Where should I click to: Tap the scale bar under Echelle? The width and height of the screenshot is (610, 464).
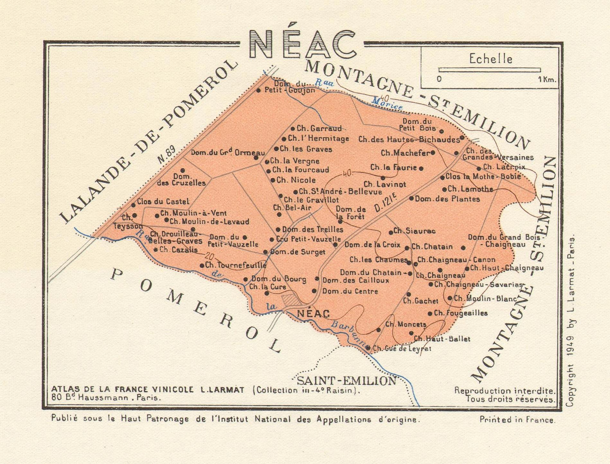tap(489, 70)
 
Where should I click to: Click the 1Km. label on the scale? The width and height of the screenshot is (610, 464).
tap(547, 79)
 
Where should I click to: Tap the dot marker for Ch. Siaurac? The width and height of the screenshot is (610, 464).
tap(391, 232)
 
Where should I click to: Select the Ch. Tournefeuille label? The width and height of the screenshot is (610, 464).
tap(236, 265)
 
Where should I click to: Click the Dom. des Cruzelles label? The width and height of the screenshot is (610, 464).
tap(181, 180)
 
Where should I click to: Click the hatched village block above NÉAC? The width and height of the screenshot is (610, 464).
tap(291, 300)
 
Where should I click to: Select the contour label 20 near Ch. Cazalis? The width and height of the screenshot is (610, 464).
tap(209, 256)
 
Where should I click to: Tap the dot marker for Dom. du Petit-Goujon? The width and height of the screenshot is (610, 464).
tap(258, 90)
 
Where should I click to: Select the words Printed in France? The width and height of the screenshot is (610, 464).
tap(517, 420)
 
